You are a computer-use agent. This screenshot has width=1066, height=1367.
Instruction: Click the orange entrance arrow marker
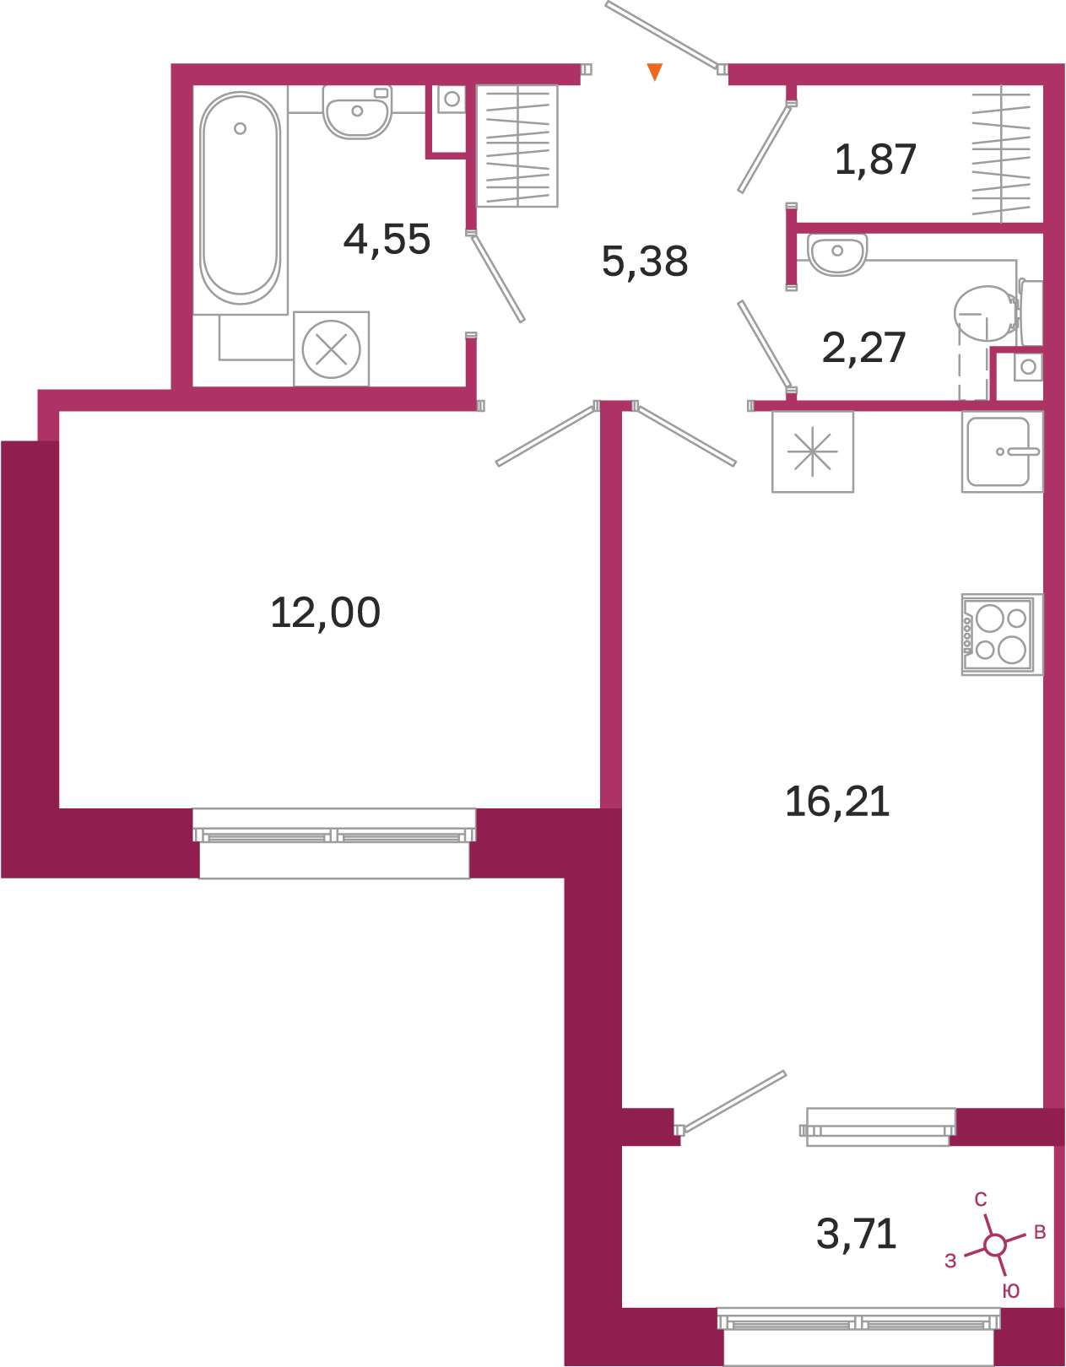pos(654,71)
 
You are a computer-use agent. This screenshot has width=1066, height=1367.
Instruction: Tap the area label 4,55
pos(387,240)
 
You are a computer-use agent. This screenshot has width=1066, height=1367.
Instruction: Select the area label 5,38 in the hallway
pos(645,262)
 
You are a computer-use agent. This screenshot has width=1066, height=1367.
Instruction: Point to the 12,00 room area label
pos(325,613)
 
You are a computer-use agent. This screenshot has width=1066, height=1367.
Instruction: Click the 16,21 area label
pos(837,802)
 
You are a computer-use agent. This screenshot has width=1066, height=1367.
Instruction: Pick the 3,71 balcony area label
pos(856,1234)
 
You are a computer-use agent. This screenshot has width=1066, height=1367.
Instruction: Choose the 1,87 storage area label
pos(874,159)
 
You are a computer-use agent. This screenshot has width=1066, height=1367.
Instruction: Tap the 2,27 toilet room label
pos(863,348)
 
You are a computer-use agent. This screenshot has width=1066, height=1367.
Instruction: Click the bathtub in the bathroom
pos(240,199)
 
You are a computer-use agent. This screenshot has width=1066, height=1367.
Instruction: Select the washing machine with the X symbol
pos(331,349)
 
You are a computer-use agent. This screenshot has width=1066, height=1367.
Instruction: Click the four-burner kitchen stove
pos(1002,634)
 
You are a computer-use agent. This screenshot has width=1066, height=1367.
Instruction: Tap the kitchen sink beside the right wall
pos(1002,451)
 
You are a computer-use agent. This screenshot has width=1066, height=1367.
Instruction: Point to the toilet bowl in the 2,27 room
pos(997,313)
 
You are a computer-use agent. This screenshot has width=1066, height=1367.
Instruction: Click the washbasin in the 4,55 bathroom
pos(356,111)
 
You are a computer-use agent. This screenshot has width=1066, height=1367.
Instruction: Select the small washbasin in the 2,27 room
pos(837,254)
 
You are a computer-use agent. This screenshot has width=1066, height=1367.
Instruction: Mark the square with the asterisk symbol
pos(813,451)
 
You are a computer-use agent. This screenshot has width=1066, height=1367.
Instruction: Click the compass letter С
pos(981,1200)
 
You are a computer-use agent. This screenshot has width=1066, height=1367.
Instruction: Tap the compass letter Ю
pos(1010,1291)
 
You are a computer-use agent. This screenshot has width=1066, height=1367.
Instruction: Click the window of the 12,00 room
pos(334,843)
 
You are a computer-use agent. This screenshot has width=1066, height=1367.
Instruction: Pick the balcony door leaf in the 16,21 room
pos(733,1101)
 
